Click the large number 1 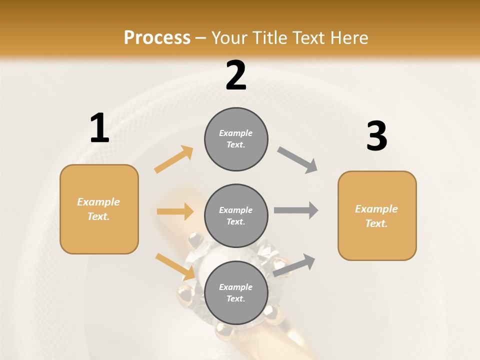coord(99,128)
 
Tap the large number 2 coord(236,75)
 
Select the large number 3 coord(376,136)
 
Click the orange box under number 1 coord(99,209)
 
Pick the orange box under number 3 coord(377,216)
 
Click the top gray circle coord(236,139)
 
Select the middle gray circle coord(236,216)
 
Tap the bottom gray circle coord(236,293)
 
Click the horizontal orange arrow coord(175,211)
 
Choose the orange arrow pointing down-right coord(175,266)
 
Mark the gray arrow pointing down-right coord(297,160)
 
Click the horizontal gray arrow coord(296,210)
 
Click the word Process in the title coord(157,37)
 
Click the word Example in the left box coord(98,202)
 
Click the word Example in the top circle coord(236,133)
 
